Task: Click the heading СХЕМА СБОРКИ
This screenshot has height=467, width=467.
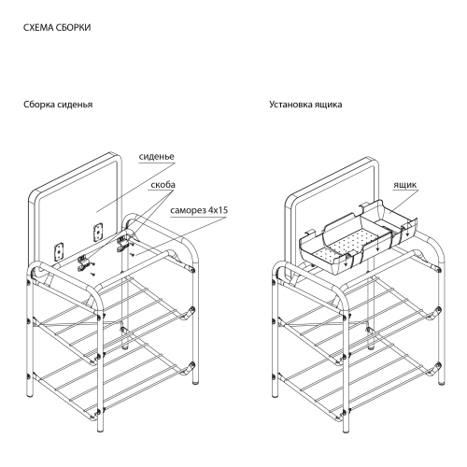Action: point(57,27)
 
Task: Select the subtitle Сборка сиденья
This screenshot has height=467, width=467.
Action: point(58,105)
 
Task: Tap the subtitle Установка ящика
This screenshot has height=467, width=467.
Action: point(305,105)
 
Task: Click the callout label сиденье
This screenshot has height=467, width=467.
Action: point(156,156)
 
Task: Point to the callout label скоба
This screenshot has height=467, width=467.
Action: point(163,185)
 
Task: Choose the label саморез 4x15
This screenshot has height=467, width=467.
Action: point(199,210)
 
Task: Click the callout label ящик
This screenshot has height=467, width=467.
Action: point(404,185)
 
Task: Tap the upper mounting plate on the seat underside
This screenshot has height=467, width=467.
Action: point(98,232)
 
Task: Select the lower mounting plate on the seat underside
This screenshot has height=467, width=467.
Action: point(59,251)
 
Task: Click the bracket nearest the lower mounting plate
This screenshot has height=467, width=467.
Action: point(83,263)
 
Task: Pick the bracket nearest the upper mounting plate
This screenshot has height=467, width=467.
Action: point(122,245)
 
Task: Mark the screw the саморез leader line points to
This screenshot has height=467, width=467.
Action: point(133,254)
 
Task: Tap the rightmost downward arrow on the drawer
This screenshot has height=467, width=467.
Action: point(406,230)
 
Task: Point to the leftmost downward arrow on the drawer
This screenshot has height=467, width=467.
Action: point(346,259)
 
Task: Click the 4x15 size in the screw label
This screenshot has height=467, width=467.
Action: point(218,210)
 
